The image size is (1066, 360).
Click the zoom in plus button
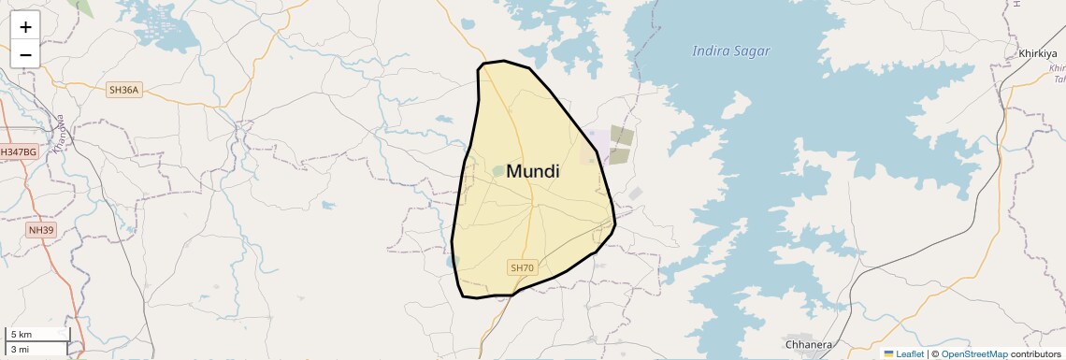25,27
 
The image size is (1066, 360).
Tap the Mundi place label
533,172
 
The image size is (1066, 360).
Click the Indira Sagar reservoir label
730,51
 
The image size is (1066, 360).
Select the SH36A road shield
123,90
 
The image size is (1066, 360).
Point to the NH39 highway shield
42,229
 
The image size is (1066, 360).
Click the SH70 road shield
522,268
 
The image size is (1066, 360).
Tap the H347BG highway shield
19,151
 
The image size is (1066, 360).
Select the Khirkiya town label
1037,53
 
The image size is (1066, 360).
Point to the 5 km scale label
22,335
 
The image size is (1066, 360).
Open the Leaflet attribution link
909,353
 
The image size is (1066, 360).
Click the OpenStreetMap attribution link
973,353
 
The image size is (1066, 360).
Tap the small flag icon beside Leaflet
888,353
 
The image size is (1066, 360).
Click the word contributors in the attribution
1035,353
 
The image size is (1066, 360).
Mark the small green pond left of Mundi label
498,171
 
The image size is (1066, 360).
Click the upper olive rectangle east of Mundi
622,135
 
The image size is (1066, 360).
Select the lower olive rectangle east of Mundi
619,155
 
